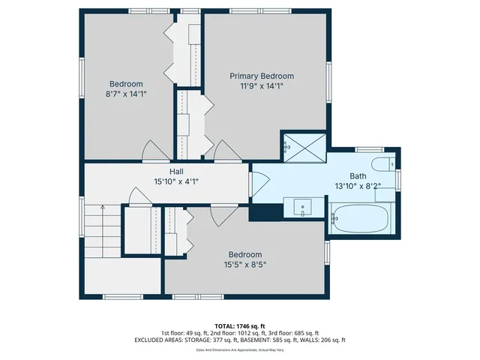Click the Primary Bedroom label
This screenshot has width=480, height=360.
261,76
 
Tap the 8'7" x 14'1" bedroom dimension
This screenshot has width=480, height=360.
126,94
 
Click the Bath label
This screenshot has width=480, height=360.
358,175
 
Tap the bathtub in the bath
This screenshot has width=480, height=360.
360,218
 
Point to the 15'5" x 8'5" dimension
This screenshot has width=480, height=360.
245,264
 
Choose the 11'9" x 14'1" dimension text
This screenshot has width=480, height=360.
261,85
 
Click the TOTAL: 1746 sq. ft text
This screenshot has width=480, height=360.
240,325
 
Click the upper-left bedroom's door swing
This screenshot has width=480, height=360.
156,151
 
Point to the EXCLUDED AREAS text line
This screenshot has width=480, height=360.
240,340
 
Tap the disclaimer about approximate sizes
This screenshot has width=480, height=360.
240,349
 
